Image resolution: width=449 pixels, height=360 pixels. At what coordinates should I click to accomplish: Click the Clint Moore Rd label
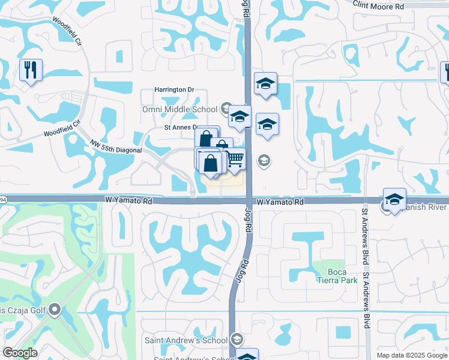point(378,5)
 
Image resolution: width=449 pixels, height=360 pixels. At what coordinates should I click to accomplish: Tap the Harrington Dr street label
point(175,89)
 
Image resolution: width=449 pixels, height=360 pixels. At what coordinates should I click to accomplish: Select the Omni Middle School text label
point(179,109)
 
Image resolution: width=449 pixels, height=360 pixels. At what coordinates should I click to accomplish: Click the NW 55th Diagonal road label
point(116,148)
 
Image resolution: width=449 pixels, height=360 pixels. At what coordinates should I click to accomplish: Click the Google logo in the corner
point(20,353)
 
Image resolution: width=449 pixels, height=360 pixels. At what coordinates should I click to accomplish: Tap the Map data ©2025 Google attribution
point(412,355)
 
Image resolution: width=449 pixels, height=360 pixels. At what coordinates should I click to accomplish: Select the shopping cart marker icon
point(235,158)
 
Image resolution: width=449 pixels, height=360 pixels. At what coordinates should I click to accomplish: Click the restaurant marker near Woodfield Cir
point(30,70)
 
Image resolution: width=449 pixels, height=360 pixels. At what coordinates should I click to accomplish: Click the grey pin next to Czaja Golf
point(55,310)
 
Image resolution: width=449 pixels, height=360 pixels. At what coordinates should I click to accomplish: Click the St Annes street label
point(181,127)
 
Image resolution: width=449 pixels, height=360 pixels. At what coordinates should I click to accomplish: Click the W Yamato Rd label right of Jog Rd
point(277,202)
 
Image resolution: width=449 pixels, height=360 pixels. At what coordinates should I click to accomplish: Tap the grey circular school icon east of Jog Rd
point(263,160)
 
